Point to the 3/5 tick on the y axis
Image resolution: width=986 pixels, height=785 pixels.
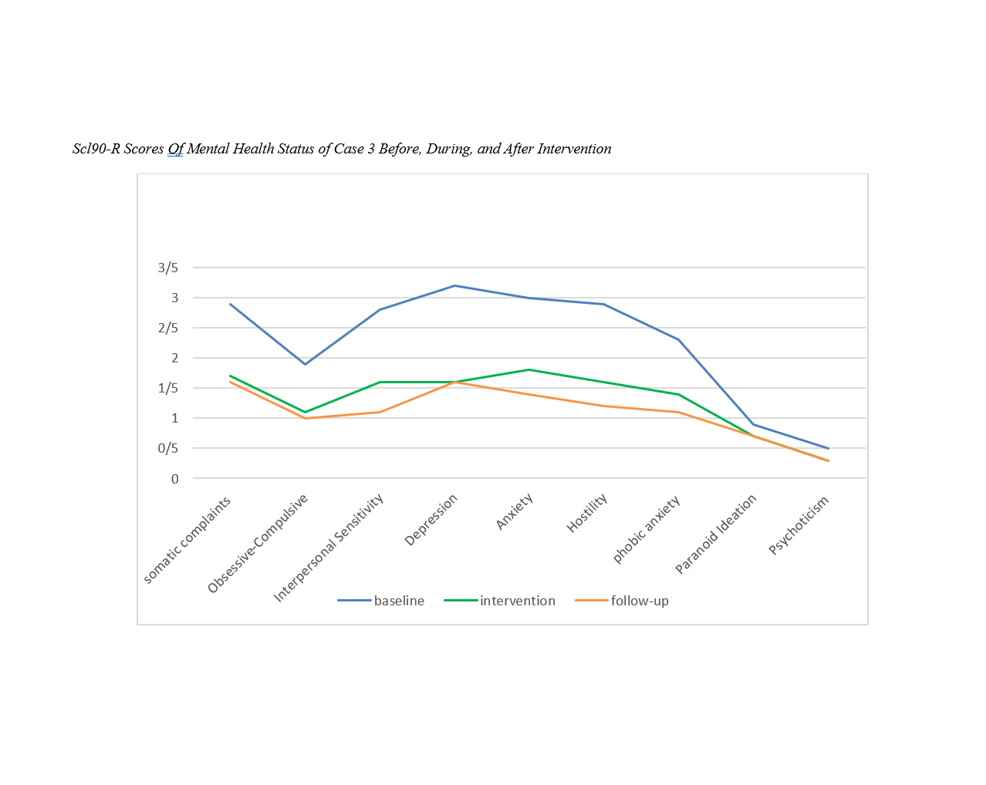(x=168, y=268)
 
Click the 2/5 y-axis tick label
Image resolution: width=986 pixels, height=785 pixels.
(x=168, y=328)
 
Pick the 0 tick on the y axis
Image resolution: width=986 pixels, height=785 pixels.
(x=175, y=479)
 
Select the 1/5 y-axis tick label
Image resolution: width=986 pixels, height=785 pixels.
(x=168, y=388)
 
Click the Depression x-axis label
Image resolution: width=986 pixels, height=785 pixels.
(x=432, y=519)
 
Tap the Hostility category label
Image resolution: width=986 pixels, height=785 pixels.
(x=588, y=513)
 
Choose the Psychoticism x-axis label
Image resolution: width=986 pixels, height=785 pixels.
(x=799, y=524)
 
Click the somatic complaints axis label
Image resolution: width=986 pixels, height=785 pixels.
(x=187, y=540)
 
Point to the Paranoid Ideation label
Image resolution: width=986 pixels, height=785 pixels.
(x=716, y=534)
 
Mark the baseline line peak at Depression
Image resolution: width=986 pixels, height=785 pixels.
(x=454, y=285)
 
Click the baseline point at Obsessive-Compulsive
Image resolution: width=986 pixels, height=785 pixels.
(x=305, y=364)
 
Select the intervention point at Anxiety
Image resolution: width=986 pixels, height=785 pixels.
(x=529, y=369)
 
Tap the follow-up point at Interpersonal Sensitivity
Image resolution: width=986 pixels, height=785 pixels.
(x=380, y=412)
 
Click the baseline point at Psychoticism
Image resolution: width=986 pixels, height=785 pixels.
(x=828, y=448)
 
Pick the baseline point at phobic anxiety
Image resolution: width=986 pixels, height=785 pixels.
(x=679, y=339)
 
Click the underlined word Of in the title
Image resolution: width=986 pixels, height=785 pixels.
(x=175, y=149)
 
